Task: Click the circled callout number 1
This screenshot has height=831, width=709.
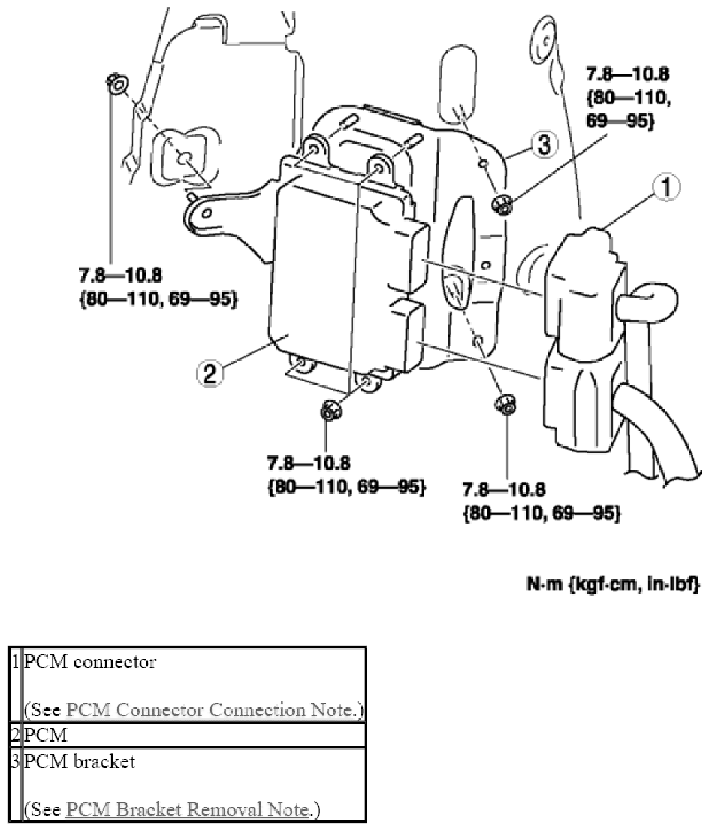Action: coord(667,187)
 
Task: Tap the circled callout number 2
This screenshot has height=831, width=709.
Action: coord(210,373)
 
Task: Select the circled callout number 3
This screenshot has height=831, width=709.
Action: coord(545,144)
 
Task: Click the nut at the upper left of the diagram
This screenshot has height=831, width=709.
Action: coord(117,83)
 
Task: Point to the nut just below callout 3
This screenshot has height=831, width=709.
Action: coord(502,204)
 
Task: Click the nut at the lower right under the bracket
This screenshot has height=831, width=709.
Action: coord(505,406)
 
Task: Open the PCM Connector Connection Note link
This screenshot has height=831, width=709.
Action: coord(210,709)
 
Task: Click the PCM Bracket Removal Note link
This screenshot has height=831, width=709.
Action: coord(188,809)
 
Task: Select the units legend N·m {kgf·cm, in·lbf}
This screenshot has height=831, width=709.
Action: coord(614,584)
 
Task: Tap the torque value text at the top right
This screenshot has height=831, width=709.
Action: coord(627,98)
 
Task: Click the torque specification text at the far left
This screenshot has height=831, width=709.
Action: coord(158,287)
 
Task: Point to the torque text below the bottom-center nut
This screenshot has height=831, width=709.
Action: coord(346,475)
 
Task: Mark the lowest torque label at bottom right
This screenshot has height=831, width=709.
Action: coord(542,501)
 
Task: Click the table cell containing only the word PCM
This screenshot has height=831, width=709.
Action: coord(194,735)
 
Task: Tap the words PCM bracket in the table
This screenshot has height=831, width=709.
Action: coord(80,762)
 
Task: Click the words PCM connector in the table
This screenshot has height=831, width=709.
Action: coord(90,662)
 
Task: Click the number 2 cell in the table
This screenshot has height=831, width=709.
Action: coord(16,735)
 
